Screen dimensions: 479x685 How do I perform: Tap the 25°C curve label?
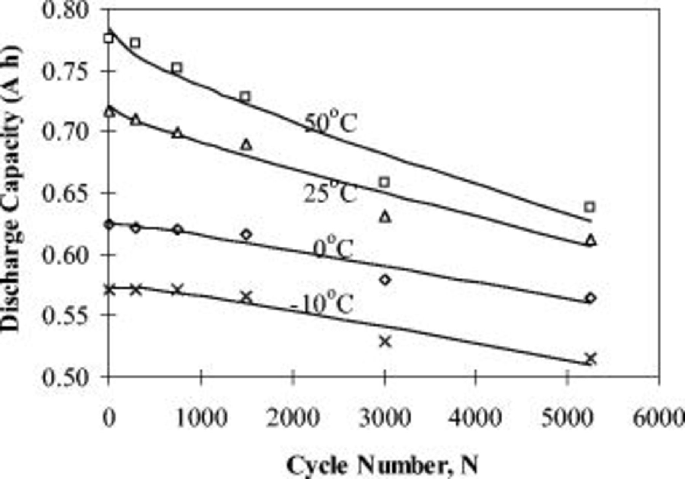tap(331, 192)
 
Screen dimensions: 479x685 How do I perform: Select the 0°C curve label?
tap(333, 249)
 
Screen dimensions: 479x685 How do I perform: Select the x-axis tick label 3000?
tap(384, 418)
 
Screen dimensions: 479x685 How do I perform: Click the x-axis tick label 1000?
tap(201, 418)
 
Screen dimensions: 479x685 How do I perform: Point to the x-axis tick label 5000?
tap(567, 418)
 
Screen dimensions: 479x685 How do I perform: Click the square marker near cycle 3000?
tap(385, 182)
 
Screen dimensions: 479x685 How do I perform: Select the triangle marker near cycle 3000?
tap(385, 217)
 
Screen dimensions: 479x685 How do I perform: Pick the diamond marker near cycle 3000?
tap(385, 280)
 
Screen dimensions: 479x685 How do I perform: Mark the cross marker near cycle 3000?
tap(385, 342)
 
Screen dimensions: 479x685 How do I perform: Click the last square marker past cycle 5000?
tap(589, 207)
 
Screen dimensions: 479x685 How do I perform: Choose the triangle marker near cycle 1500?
tap(247, 145)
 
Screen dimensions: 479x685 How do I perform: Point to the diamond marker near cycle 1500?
tap(247, 234)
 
